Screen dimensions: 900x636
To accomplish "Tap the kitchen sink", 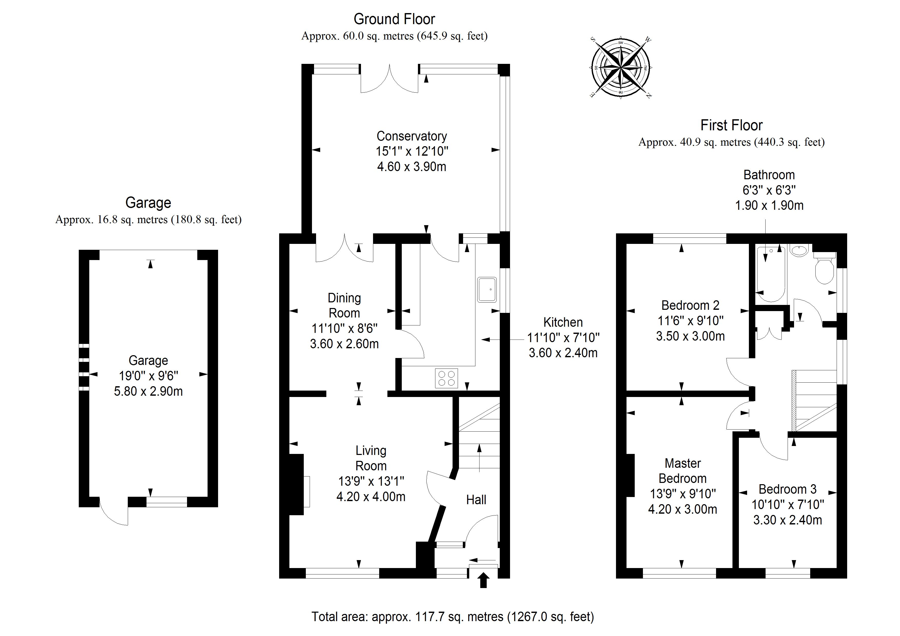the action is click(x=487, y=290).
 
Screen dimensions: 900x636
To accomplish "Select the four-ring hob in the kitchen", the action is click(x=446, y=378).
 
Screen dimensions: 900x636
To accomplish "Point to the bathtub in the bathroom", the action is click(x=771, y=274).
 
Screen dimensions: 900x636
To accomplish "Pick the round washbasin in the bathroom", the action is click(x=799, y=250).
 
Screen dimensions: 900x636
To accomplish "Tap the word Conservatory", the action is click(x=412, y=136).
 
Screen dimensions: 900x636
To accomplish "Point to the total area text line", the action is click(x=453, y=617).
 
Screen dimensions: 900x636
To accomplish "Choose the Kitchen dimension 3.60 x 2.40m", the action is click(x=563, y=353).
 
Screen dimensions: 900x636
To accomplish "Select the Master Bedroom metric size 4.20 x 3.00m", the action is click(x=682, y=509).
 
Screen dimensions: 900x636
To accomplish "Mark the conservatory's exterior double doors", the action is click(x=389, y=80).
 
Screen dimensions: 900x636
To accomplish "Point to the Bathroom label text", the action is click(x=769, y=175).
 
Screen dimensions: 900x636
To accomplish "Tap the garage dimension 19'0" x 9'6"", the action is click(x=148, y=376).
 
